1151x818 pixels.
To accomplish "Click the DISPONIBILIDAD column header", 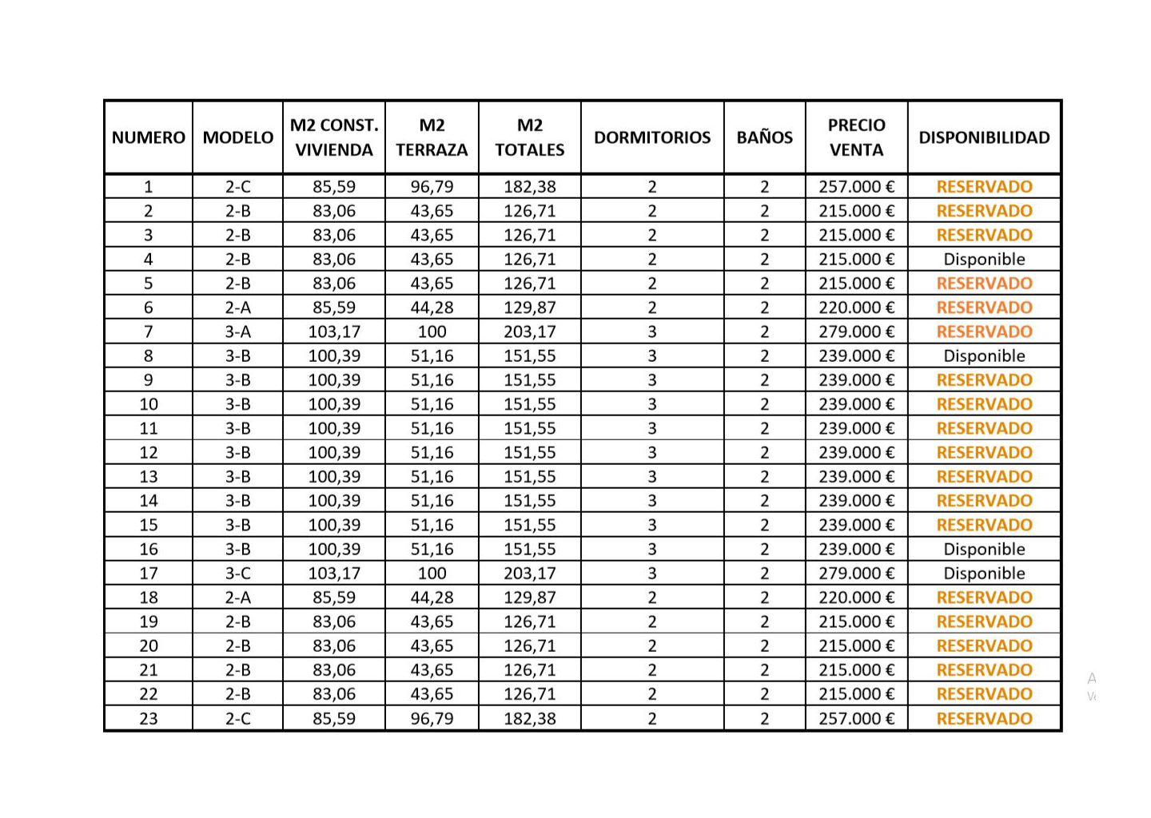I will point(984,137).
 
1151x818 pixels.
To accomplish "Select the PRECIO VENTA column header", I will point(856,137).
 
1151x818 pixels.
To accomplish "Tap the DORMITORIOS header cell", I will point(651,137).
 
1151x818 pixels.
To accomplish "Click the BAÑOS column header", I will point(764,137).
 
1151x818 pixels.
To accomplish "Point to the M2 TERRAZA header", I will point(432,137).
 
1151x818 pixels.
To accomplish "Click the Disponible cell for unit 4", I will point(984,259).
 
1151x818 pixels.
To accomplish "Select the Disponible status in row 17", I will point(984,573).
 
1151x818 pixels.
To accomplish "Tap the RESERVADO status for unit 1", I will point(984,187).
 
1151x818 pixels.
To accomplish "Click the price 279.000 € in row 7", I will point(856,332).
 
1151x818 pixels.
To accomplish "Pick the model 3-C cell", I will point(237,573).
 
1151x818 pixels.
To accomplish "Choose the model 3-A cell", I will point(237,332).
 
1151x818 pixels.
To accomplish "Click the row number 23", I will point(149,718).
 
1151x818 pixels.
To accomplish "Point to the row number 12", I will point(149,452).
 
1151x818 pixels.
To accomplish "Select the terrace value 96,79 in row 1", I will point(432,187).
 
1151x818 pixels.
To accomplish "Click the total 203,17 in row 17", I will point(529,573).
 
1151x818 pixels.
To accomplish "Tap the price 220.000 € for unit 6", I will point(856,308).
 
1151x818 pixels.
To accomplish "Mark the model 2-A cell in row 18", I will point(237,597).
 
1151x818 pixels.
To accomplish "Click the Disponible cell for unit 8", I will point(984,355).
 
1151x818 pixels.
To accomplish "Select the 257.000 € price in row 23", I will point(856,718).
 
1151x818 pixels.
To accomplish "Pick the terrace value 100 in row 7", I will point(432,332).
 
